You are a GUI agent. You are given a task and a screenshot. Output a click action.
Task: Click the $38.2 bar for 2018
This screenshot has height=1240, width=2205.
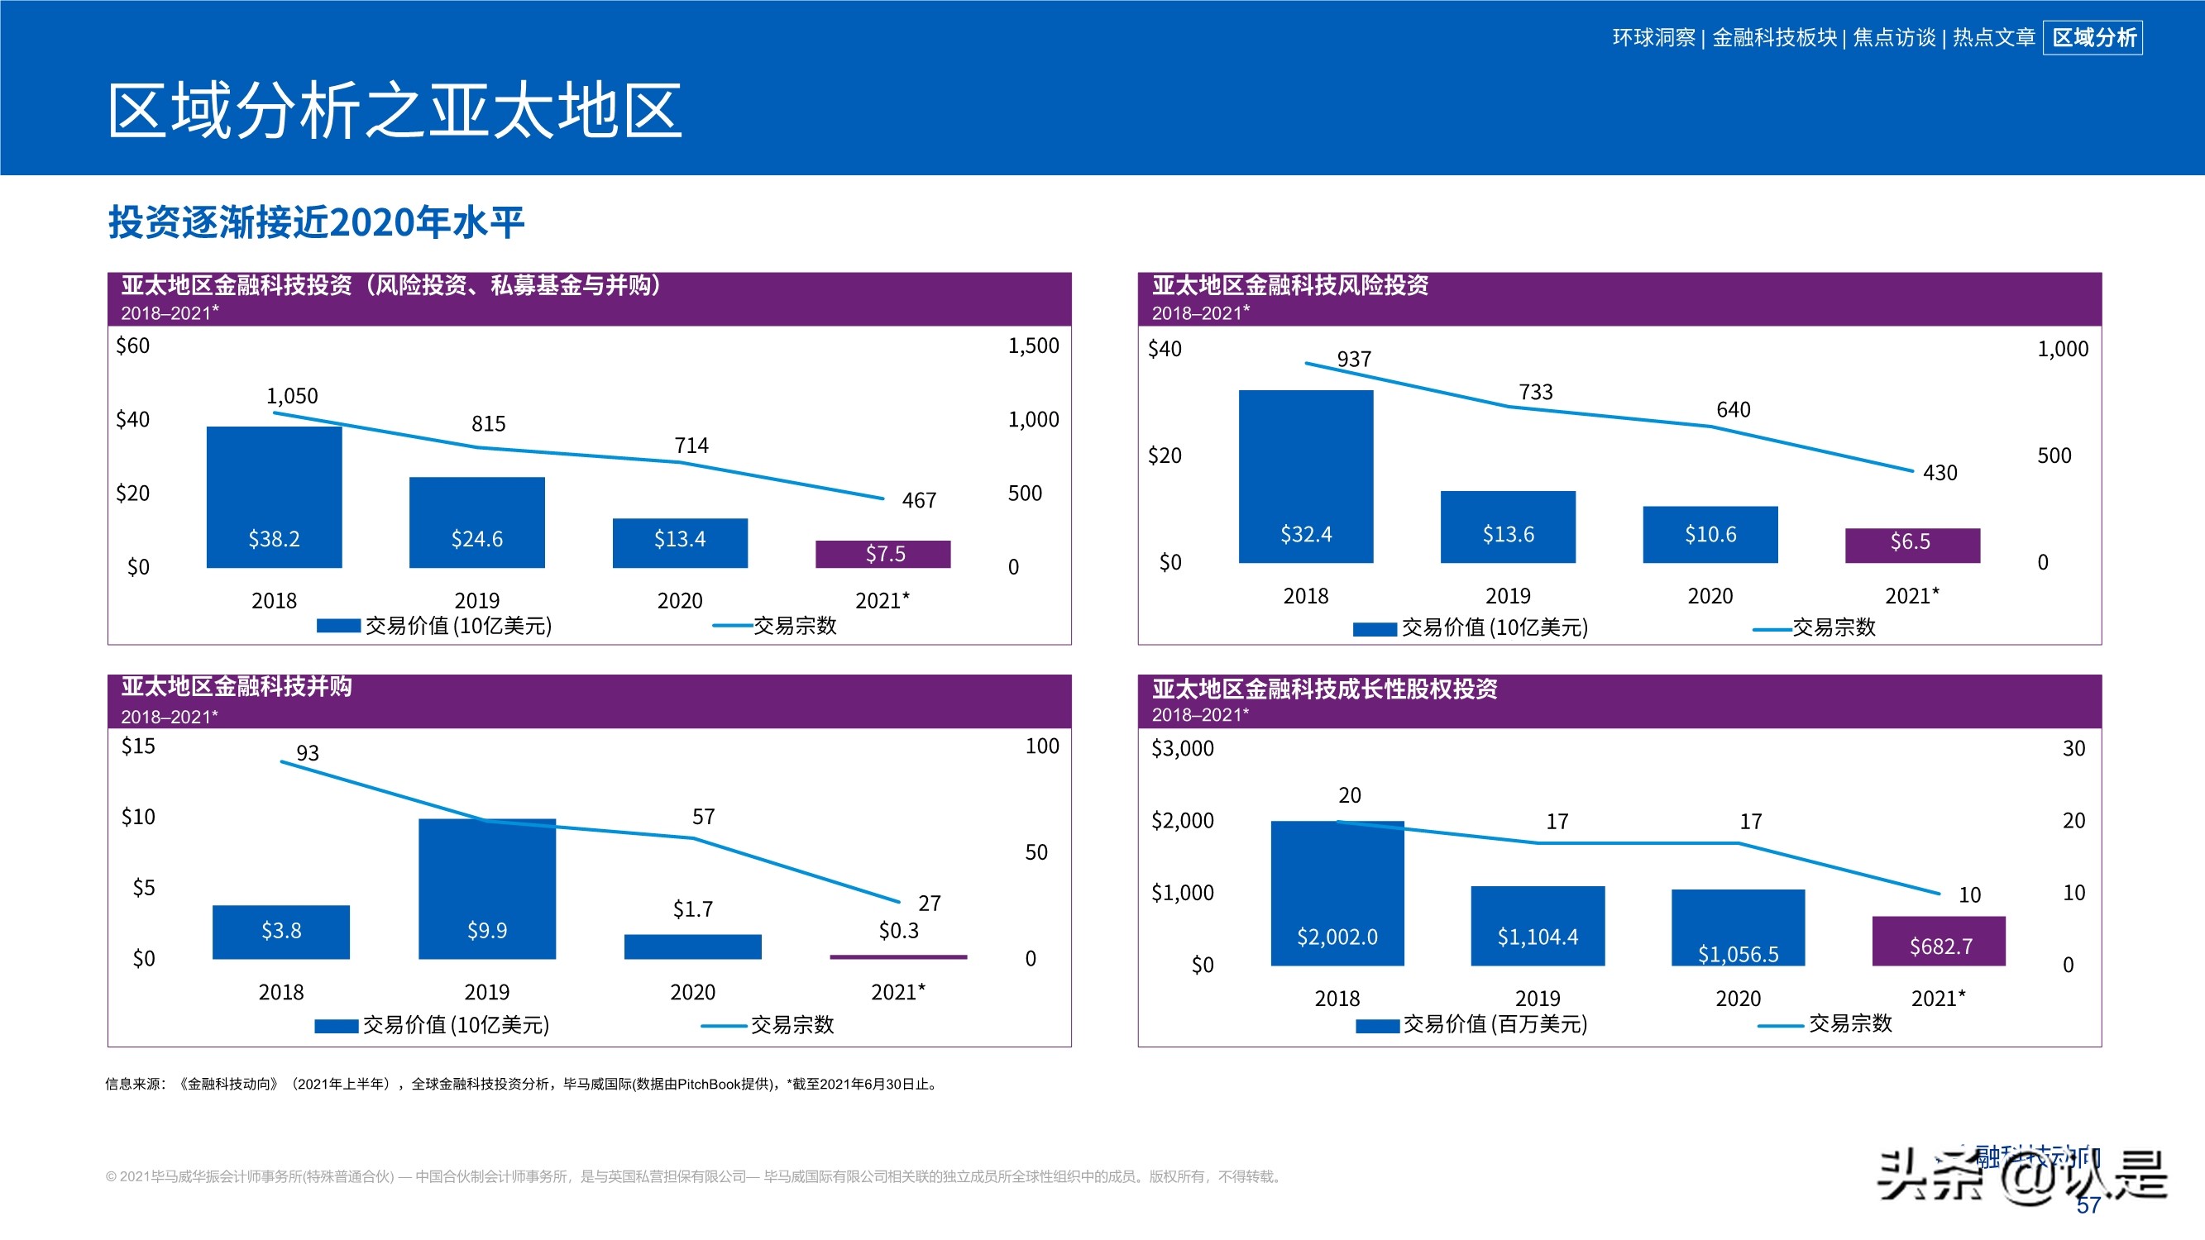pos(274,496)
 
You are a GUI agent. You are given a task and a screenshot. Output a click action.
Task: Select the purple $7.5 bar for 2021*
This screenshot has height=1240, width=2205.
pos(882,554)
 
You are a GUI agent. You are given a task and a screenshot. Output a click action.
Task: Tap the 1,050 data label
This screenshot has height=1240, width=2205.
pos(292,396)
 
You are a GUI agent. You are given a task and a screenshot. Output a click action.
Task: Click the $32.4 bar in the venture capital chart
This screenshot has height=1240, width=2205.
pos(1305,477)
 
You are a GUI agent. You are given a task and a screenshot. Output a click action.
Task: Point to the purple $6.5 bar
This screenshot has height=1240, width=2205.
pos(1912,545)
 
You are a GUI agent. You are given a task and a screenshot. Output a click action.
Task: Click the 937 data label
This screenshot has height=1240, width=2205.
pos(1354,360)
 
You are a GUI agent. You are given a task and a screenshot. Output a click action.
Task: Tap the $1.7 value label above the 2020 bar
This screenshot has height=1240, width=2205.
pos(692,909)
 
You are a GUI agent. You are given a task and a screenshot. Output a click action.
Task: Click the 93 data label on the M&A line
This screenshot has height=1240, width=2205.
pos(308,753)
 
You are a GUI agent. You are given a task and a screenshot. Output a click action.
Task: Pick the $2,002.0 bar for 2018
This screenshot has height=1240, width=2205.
pos(1337,893)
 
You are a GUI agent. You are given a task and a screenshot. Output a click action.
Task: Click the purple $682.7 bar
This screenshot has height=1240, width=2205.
pos(1939,941)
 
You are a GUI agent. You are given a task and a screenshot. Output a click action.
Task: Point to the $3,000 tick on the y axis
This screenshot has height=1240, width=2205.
pos(1182,749)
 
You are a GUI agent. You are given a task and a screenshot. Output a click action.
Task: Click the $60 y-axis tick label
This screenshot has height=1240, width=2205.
pos(132,346)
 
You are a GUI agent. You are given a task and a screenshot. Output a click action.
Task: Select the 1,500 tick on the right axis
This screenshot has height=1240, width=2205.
pos(1033,346)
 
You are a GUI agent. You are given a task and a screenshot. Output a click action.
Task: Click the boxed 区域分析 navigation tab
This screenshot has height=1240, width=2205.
pos(2093,38)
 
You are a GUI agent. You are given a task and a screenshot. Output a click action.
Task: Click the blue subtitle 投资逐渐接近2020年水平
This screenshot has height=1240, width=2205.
pos(316,222)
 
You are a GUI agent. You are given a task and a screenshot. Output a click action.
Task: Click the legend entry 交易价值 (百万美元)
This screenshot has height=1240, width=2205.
pos(1494,1024)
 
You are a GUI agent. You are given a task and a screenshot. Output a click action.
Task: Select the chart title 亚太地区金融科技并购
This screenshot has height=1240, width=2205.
pos(237,687)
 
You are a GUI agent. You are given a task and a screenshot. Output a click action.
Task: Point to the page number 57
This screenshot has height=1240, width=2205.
pos(2088,1206)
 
